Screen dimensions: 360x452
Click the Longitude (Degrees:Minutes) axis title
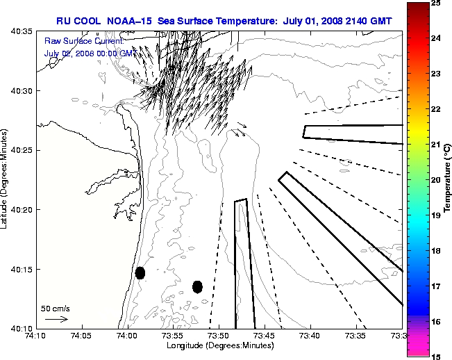pos(219,345)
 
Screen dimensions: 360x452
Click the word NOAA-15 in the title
pos(132,22)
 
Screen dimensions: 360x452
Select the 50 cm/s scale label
pos(55,309)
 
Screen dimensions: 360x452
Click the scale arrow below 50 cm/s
pos(56,319)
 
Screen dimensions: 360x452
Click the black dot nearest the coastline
pos(140,272)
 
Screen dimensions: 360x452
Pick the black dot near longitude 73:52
pos(197,286)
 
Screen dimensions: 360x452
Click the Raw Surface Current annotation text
pos(83,42)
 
